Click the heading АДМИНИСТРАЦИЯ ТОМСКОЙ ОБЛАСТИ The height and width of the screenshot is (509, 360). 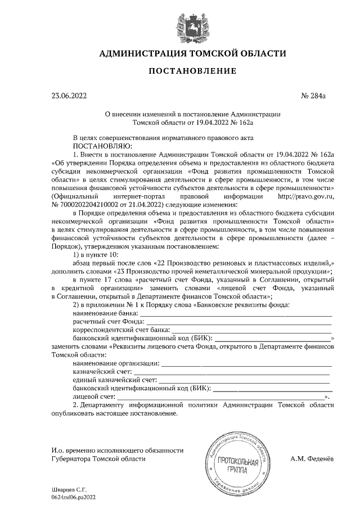point(192,54)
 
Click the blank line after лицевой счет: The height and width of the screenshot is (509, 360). point(225,398)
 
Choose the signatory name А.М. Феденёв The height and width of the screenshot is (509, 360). point(312,458)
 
